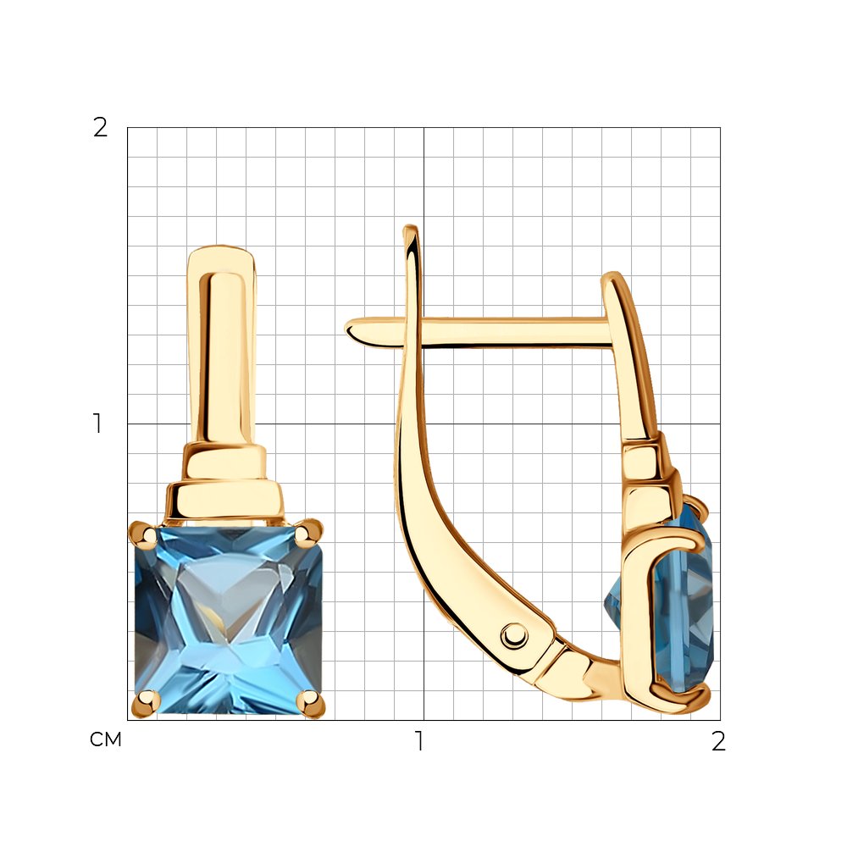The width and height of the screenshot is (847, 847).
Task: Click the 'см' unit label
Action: point(106,740)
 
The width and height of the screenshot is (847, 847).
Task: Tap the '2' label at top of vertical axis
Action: point(101,129)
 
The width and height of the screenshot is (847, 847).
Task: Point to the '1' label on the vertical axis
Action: point(97,423)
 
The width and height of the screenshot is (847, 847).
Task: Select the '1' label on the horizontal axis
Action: point(418,741)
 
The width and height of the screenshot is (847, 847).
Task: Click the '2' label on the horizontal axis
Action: point(718,741)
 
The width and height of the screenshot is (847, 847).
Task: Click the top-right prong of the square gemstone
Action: point(307,532)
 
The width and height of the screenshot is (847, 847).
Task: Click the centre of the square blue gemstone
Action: point(228,618)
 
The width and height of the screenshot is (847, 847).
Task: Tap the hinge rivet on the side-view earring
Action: point(513,634)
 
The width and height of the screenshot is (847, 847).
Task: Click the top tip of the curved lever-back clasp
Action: point(411,230)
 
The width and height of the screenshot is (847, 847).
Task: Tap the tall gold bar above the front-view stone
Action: point(222,356)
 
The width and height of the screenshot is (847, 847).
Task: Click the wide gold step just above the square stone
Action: point(224,501)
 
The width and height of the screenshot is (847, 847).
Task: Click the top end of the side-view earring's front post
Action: point(612,278)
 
